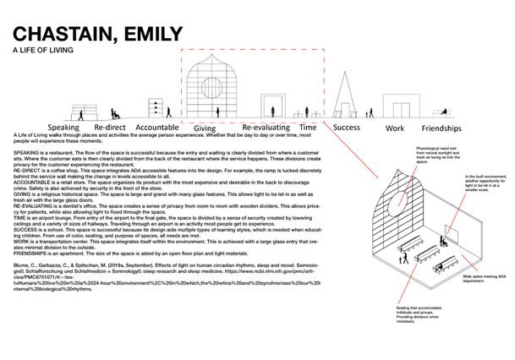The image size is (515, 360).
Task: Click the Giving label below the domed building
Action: (210, 127)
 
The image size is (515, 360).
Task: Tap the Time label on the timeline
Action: (308, 127)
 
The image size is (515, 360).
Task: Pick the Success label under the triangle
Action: (347, 128)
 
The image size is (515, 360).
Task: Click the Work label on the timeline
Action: (394, 128)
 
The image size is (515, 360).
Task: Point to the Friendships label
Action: (443, 128)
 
